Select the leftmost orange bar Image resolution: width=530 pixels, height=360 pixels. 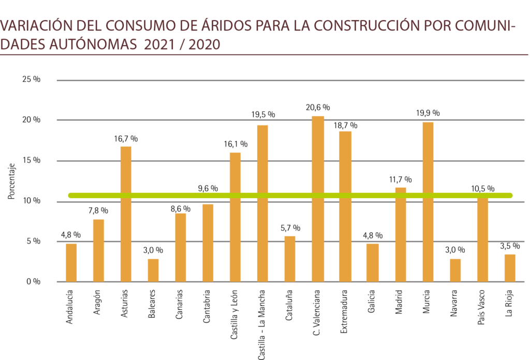click(x=71, y=262)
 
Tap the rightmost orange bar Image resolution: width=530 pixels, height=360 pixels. click(x=510, y=268)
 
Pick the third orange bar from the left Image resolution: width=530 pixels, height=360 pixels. click(x=126, y=214)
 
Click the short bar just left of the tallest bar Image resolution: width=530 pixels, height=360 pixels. click(x=290, y=259)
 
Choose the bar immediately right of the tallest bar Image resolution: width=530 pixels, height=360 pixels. click(x=345, y=206)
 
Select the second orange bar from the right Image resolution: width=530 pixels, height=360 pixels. click(x=482, y=238)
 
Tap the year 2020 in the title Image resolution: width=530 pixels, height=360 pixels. click(x=204, y=45)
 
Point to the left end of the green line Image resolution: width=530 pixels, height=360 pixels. click(x=70, y=196)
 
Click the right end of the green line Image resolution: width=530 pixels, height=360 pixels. click(x=511, y=196)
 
